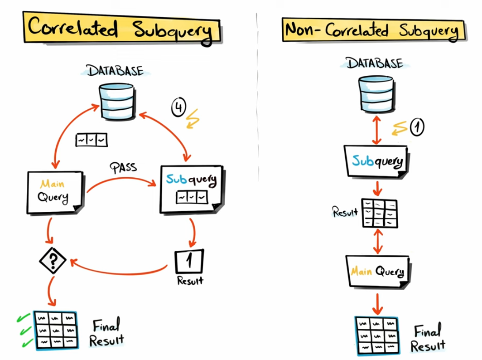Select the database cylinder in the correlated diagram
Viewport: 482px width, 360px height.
click(117, 101)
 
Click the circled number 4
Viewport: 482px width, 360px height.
click(178, 107)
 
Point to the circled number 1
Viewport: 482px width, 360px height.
click(416, 127)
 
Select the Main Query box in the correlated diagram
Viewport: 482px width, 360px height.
click(55, 192)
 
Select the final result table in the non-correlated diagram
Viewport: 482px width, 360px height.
click(376, 336)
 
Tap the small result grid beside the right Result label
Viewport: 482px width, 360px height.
click(380, 213)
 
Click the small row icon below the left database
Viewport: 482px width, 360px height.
click(91, 140)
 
